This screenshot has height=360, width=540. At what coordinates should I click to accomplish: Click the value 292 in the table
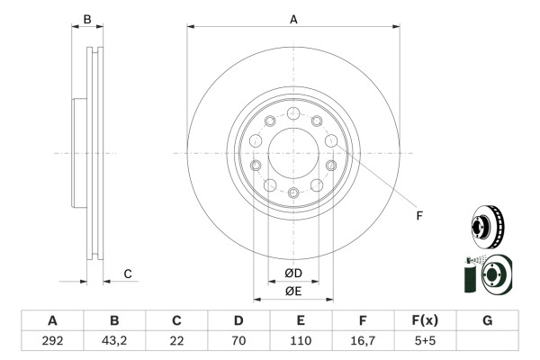click(x=52, y=341)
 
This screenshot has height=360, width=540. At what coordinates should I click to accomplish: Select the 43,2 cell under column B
click(x=114, y=341)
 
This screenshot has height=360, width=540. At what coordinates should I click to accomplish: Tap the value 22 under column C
click(x=176, y=341)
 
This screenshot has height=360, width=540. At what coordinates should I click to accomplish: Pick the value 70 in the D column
click(x=238, y=341)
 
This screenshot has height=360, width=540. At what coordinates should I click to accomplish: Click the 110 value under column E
click(x=301, y=341)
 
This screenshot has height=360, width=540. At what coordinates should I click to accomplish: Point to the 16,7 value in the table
click(x=363, y=341)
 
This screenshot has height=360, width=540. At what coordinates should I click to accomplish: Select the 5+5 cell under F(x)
click(x=425, y=341)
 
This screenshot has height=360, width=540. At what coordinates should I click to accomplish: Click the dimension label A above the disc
click(x=293, y=18)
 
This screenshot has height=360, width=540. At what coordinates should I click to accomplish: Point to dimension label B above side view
click(x=87, y=19)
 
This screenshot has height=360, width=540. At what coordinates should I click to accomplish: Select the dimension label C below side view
click(x=128, y=274)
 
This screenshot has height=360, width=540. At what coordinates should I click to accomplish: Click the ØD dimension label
click(x=293, y=274)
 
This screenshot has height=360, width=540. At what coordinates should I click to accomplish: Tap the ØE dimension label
click(x=293, y=291)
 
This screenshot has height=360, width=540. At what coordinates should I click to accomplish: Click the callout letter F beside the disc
click(x=418, y=215)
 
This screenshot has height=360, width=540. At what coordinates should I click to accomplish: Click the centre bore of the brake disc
click(x=293, y=152)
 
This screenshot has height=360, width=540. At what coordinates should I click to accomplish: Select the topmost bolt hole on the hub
click(x=293, y=113)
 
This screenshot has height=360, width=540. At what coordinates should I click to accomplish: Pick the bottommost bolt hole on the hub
click(x=293, y=192)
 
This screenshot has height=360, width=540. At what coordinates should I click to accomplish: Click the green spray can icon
click(x=470, y=275)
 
